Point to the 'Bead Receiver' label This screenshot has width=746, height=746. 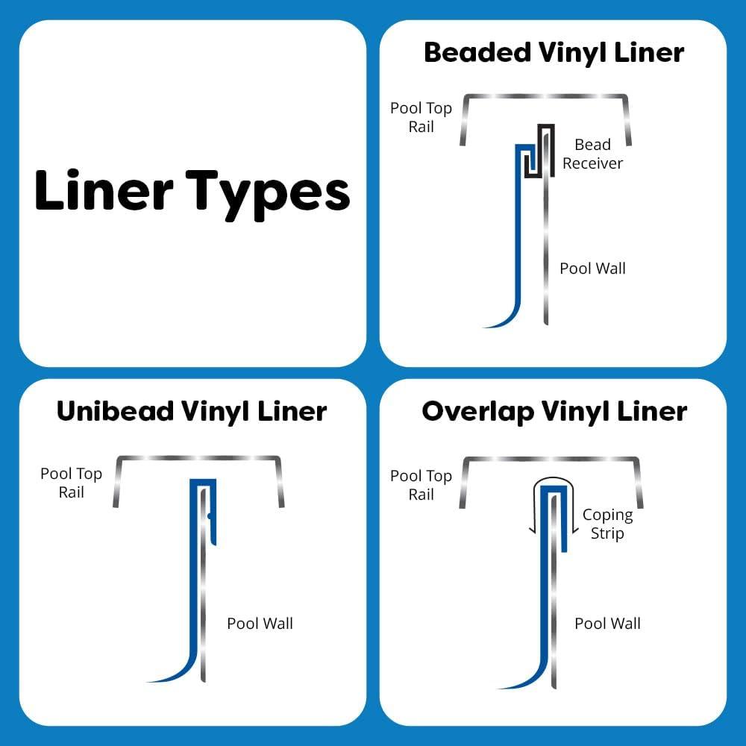pyautogui.click(x=592, y=154)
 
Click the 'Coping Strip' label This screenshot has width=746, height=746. pyautogui.click(x=607, y=524)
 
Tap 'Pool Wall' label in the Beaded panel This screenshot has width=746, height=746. pyautogui.click(x=592, y=269)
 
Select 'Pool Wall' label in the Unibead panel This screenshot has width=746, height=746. pyautogui.click(x=260, y=623)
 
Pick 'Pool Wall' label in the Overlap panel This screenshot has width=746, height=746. pyautogui.click(x=607, y=623)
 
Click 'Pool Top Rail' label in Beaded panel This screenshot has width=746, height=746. pyautogui.click(x=421, y=117)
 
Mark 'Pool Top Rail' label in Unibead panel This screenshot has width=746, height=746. pyautogui.click(x=71, y=483)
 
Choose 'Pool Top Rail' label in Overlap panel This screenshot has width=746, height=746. pyautogui.click(x=421, y=485)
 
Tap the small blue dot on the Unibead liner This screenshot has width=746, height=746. pyautogui.click(x=210, y=515)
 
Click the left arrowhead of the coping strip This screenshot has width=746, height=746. pyautogui.click(x=533, y=530)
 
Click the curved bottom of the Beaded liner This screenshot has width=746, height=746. pyautogui.click(x=496, y=323)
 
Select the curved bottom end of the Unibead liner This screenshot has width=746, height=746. pyautogui.click(x=160, y=678)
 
